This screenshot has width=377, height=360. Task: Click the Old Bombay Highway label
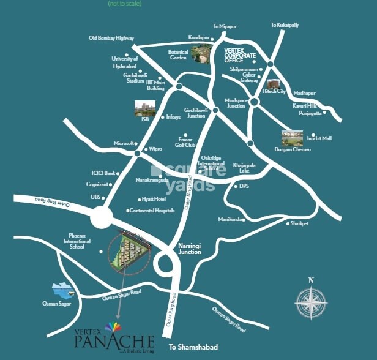coord(111,38)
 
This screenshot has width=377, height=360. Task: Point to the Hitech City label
coord(274,91)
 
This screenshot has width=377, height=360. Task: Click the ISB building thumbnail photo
coord(144,108)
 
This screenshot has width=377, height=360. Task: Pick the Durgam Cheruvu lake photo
coord(292,138)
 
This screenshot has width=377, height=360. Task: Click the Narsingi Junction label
coord(189,248)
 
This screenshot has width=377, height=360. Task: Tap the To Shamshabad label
coord(193,347)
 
